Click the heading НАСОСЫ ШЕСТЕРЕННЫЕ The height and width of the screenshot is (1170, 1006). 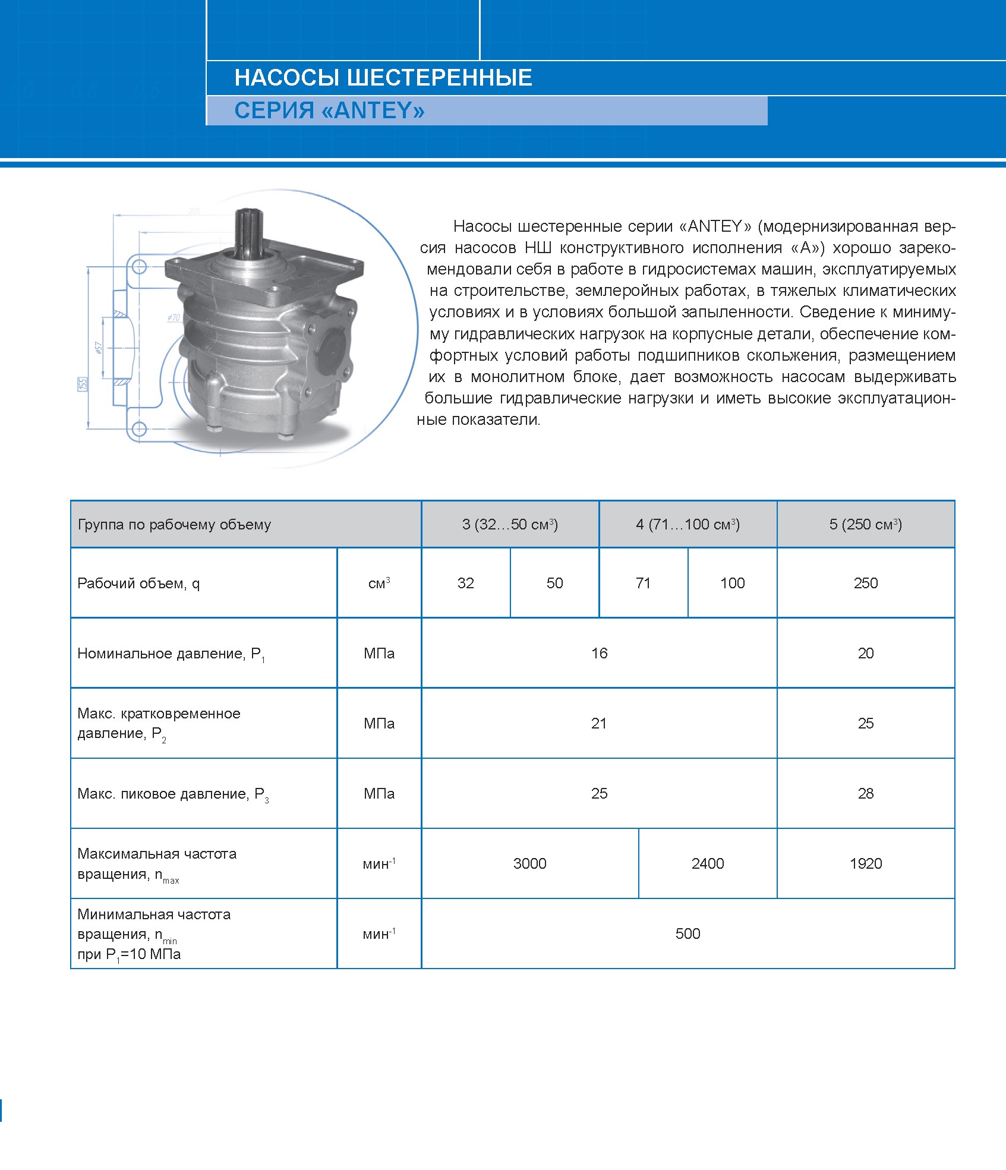(383, 78)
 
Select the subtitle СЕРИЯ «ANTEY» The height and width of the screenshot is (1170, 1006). (329, 111)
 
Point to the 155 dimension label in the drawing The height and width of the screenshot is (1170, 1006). (83, 384)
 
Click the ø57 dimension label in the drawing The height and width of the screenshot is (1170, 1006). (99, 348)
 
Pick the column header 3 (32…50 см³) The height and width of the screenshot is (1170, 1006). (510, 524)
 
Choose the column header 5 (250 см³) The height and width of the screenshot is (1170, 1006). (865, 524)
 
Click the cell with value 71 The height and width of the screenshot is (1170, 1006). (643, 583)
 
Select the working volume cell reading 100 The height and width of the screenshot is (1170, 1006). (732, 583)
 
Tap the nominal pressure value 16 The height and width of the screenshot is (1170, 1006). (599, 653)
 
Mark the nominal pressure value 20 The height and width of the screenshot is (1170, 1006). (865, 653)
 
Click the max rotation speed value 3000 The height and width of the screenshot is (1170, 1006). (529, 863)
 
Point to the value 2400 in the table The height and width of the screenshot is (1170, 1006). (707, 863)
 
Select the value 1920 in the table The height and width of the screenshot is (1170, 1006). (865, 863)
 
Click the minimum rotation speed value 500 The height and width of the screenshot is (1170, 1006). (688, 934)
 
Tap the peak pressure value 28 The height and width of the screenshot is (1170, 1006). (865, 793)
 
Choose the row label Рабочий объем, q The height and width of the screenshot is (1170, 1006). (138, 584)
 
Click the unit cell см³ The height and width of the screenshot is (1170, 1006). (379, 583)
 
